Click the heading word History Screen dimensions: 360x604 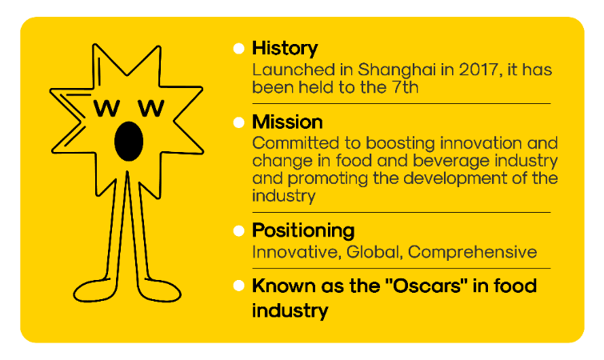285,48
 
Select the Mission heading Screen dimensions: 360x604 287,122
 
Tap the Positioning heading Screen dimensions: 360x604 303,230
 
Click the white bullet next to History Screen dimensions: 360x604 238,48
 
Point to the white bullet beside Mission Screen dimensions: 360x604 238,122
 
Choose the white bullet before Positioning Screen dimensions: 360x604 238,230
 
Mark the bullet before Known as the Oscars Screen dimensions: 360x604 238,286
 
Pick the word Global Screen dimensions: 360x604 374,252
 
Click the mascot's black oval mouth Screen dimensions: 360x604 129,141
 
